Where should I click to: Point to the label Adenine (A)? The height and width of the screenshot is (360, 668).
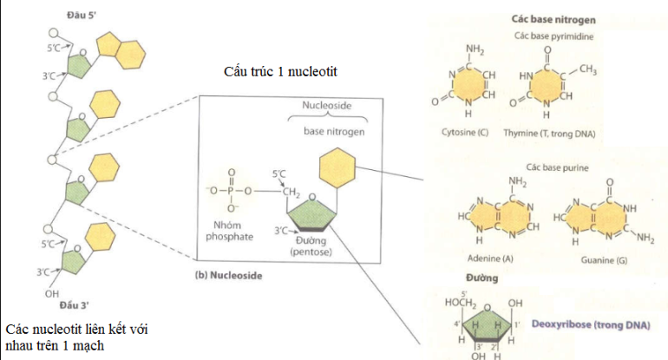[490, 259]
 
